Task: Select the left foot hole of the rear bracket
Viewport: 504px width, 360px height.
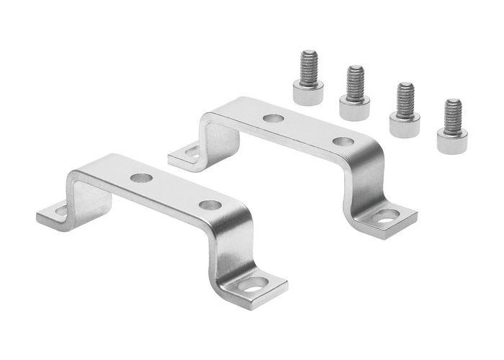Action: click(x=190, y=152)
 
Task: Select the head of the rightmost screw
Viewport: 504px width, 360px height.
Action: click(x=450, y=138)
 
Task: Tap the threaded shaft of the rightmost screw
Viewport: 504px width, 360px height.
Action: click(x=451, y=113)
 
